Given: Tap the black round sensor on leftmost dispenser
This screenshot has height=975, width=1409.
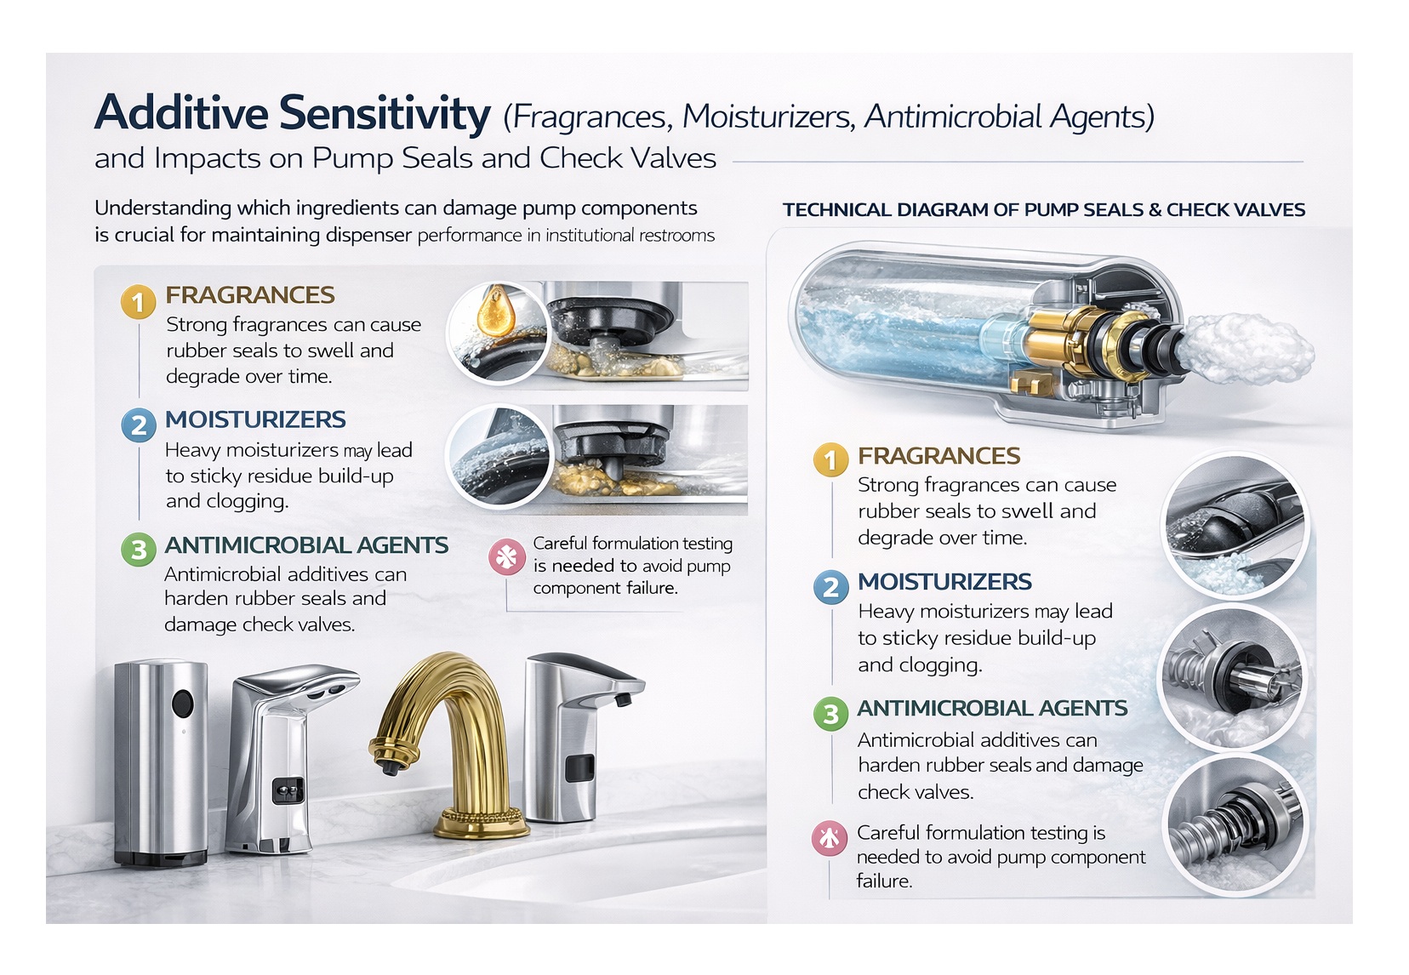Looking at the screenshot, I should [182, 704].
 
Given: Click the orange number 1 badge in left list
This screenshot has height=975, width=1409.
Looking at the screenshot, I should [138, 302].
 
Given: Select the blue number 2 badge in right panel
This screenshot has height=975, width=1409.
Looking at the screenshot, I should [830, 587].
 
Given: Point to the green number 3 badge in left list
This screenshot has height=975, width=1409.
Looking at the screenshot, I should [138, 550].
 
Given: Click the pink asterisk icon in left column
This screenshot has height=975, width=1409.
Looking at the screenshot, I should [506, 557].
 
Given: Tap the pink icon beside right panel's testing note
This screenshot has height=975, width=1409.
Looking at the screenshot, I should [829, 838].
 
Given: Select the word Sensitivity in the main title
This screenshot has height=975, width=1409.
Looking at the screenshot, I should [385, 113].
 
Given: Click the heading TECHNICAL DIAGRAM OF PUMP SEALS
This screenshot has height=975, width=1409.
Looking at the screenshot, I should [1043, 210].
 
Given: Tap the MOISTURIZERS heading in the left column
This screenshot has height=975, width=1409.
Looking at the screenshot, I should [255, 419].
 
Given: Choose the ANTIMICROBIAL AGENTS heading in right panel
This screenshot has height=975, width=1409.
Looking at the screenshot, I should [992, 709].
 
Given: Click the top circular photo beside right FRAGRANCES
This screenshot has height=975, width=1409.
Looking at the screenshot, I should [1235, 525].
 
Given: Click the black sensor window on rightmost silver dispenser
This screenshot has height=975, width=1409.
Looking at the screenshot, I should [580, 767].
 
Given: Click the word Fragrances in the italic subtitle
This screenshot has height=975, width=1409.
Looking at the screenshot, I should [590, 117].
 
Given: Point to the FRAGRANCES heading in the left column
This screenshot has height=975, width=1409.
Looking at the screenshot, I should [250, 295].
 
